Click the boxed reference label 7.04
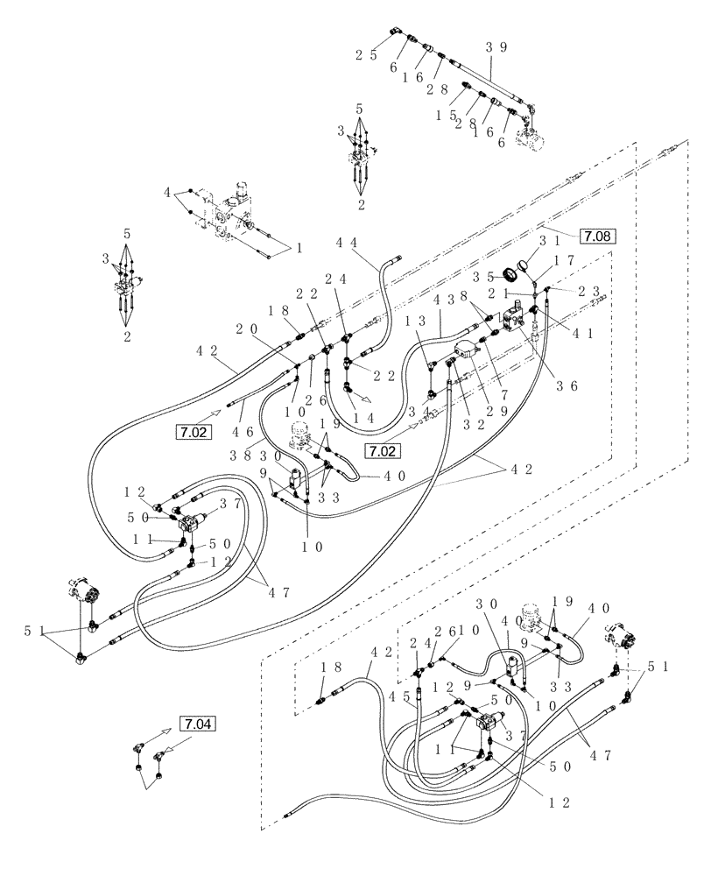(x=197, y=724)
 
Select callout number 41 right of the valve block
(x=578, y=333)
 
